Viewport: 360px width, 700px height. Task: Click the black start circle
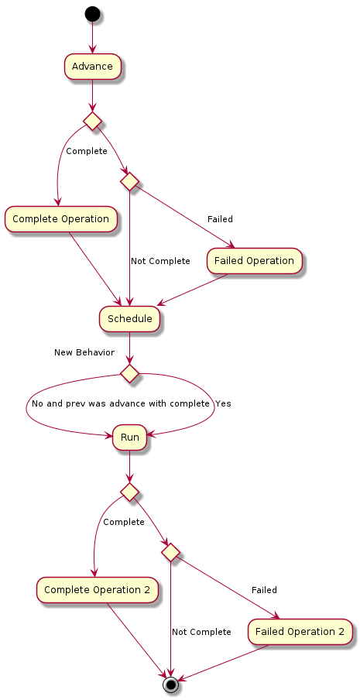pyautogui.click(x=92, y=14)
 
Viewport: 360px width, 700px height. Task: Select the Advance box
pyautogui.click(x=92, y=67)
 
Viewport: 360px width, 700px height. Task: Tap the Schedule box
pyautogui.click(x=129, y=319)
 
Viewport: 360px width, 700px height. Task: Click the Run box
pyautogui.click(x=129, y=437)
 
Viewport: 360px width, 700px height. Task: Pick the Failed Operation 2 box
pyautogui.click(x=300, y=632)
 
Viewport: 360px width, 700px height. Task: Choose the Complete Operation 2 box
pyautogui.click(x=97, y=590)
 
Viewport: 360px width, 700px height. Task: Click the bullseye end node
pyautogui.click(x=170, y=684)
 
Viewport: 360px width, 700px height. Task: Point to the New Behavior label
pyautogui.click(x=84, y=352)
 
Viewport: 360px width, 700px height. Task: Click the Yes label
pyautogui.click(x=223, y=403)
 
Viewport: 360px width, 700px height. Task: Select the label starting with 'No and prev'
pyautogui.click(x=121, y=403)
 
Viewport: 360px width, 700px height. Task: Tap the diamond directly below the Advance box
pyautogui.click(x=92, y=121)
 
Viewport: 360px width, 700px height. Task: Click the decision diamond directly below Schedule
pyautogui.click(x=129, y=373)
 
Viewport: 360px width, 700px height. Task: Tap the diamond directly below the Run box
pyautogui.click(x=129, y=492)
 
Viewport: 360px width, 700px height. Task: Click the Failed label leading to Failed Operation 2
pyautogui.click(x=264, y=590)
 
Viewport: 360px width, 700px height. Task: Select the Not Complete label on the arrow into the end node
pyautogui.click(x=201, y=632)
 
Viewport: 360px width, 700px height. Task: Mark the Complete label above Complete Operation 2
pyautogui.click(x=124, y=523)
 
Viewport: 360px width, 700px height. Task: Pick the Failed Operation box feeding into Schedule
pyautogui.click(x=254, y=261)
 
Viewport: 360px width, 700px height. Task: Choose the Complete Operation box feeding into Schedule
pyautogui.click(x=60, y=219)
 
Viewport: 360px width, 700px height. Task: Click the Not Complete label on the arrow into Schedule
pyautogui.click(x=160, y=261)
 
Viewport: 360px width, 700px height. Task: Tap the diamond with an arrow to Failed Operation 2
pyautogui.click(x=170, y=552)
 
